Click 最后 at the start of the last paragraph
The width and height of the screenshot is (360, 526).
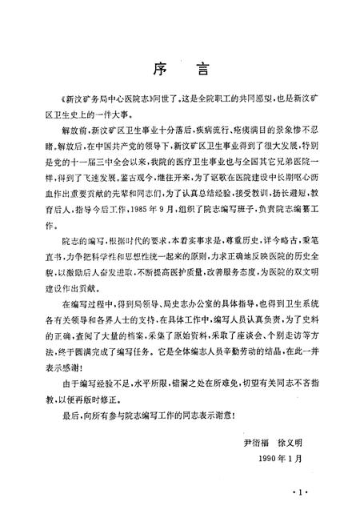[66, 415]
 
